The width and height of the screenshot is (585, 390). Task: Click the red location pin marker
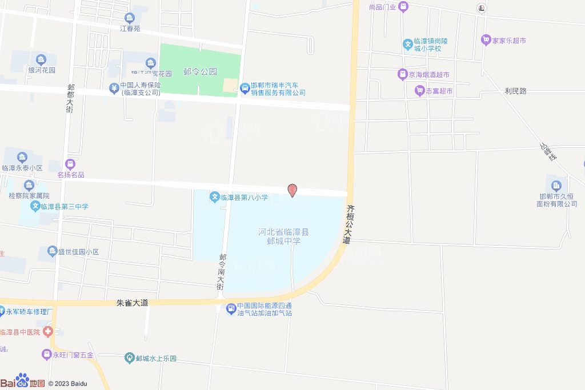coord(292,190)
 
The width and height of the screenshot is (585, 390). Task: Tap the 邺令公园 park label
coord(200,72)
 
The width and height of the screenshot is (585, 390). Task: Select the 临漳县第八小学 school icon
coord(215,198)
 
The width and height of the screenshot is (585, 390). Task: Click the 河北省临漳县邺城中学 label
coord(283,236)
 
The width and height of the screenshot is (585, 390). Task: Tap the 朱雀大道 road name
coord(132,303)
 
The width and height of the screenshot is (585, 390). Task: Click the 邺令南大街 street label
coord(221,273)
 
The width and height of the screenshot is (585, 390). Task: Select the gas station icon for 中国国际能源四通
coord(231,309)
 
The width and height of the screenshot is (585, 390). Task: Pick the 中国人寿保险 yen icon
coord(114,87)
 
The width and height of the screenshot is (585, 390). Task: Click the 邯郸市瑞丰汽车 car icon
coord(245,87)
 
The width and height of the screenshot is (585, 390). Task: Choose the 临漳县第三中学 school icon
coord(35,206)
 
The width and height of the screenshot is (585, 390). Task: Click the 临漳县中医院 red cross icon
coord(48,332)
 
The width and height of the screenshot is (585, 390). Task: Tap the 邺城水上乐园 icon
coord(129,359)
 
